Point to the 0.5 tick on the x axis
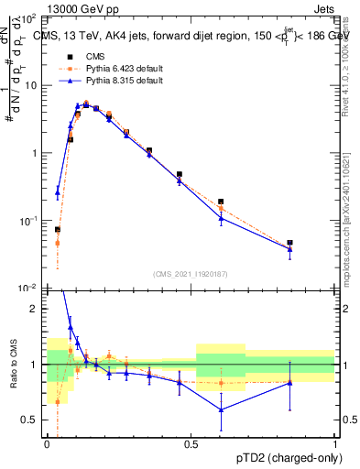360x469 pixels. point(191,445)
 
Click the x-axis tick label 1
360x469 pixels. point(335,445)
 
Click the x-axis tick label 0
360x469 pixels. point(47,445)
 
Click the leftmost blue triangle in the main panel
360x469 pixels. point(58,192)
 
